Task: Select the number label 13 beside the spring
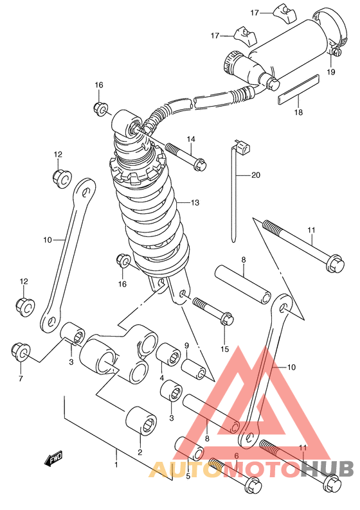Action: click(x=195, y=202)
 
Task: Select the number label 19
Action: click(x=330, y=72)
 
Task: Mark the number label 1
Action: click(x=116, y=464)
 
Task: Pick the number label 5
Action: click(x=188, y=476)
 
